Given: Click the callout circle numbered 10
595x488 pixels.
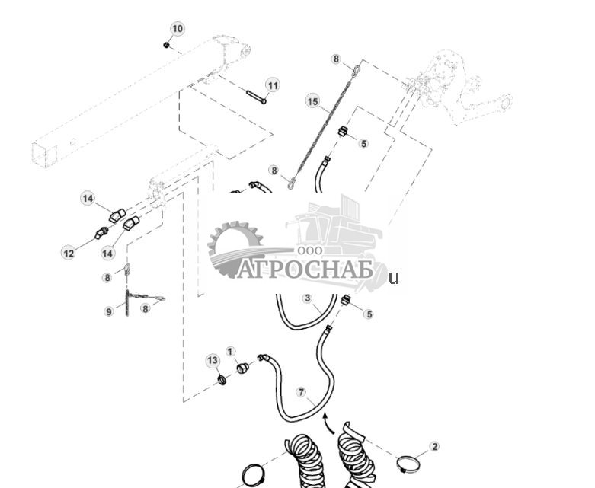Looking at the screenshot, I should click(x=178, y=29).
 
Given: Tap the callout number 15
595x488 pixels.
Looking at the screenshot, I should click(x=312, y=100).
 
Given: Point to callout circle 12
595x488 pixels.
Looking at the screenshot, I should click(x=69, y=252).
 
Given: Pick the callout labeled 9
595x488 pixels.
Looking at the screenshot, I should click(x=109, y=311).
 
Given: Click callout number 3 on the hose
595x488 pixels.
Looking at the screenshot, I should click(x=307, y=298).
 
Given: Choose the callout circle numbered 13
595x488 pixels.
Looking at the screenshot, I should click(x=213, y=359).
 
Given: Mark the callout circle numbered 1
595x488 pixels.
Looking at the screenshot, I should click(x=230, y=352).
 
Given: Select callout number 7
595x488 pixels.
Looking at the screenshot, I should click(x=302, y=393).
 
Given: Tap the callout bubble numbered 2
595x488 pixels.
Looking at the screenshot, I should click(x=434, y=446).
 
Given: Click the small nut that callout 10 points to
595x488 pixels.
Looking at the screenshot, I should click(x=166, y=45).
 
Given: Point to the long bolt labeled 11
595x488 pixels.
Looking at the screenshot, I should click(x=255, y=97).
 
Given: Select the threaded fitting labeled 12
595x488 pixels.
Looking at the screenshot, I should click(x=100, y=233).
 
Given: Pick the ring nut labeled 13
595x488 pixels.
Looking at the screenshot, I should click(x=222, y=378).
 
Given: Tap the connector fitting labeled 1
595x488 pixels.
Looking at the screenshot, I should click(x=242, y=369).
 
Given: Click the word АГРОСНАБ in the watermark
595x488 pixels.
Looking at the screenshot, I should click(x=304, y=269).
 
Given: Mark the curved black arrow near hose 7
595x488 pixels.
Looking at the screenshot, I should click(x=326, y=421).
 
